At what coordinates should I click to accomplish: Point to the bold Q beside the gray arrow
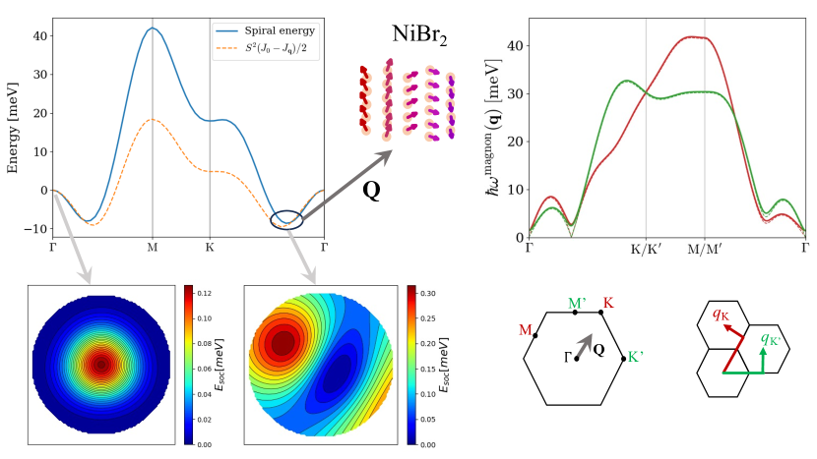[x=372, y=190]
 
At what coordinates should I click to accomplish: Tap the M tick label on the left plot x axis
[x=152, y=248]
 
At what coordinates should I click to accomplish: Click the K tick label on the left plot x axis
[x=210, y=248]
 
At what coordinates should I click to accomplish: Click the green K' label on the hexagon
[x=636, y=358]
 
